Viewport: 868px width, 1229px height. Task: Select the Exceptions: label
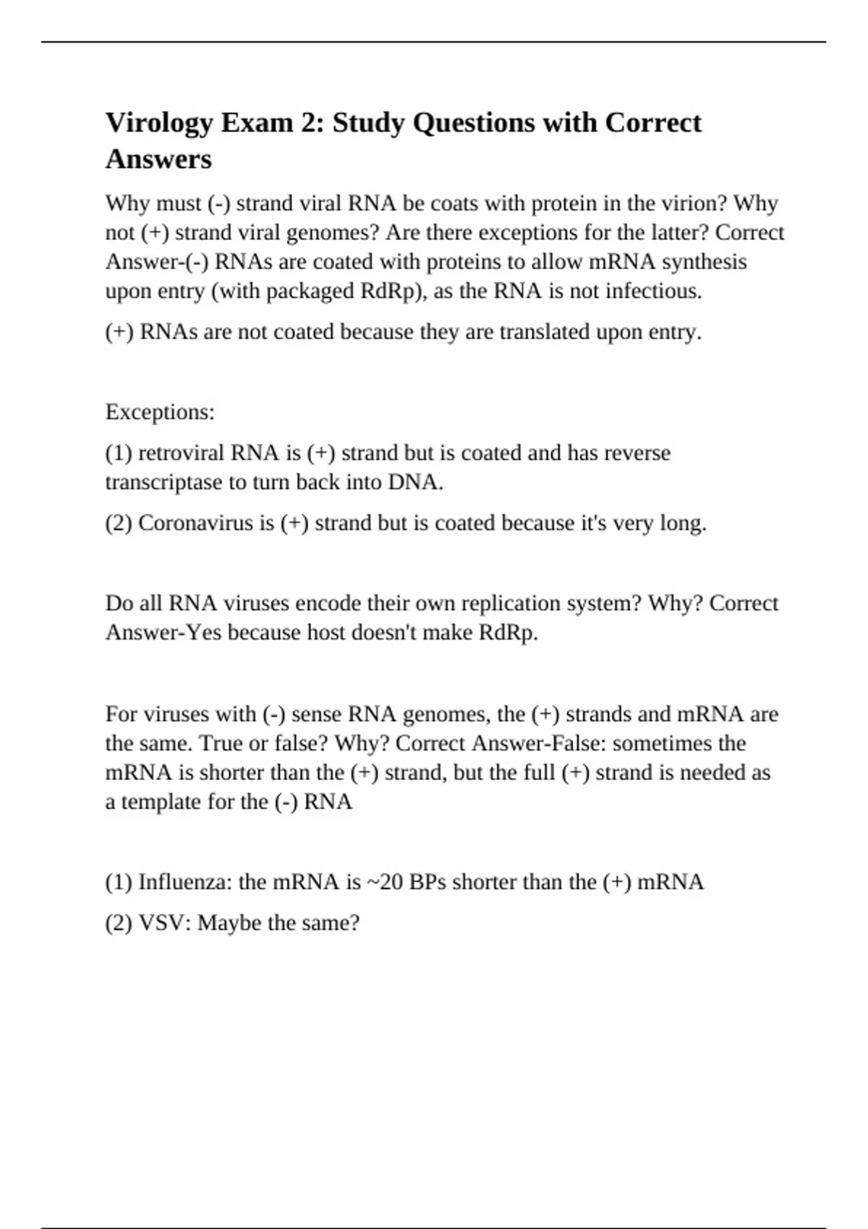[x=160, y=412]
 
